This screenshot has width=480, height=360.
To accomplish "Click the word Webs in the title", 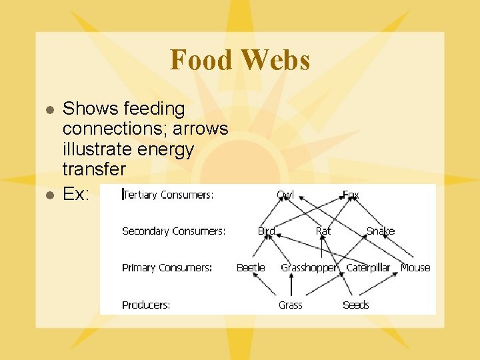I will [276, 60].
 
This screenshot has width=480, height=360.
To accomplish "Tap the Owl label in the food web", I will [285, 195].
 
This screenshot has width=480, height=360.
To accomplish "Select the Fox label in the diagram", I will [351, 195].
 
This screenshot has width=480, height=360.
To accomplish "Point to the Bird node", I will [267, 231].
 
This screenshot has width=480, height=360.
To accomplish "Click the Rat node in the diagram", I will [323, 231].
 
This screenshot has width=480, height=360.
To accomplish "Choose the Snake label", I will [381, 231].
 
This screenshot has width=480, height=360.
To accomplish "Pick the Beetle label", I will [251, 268].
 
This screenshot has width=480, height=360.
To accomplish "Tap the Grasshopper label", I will [309, 268].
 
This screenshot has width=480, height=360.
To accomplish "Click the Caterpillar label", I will [368, 268].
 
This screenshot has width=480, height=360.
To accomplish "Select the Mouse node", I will [415, 268].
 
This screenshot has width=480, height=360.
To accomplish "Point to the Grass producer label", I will [290, 305].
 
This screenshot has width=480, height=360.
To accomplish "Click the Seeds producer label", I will [355, 305].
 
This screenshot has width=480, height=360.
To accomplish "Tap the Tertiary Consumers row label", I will [168, 195].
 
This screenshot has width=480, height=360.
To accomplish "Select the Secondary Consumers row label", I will [173, 231].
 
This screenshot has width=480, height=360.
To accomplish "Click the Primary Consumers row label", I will [167, 268].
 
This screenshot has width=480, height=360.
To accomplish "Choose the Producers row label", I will [146, 305].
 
